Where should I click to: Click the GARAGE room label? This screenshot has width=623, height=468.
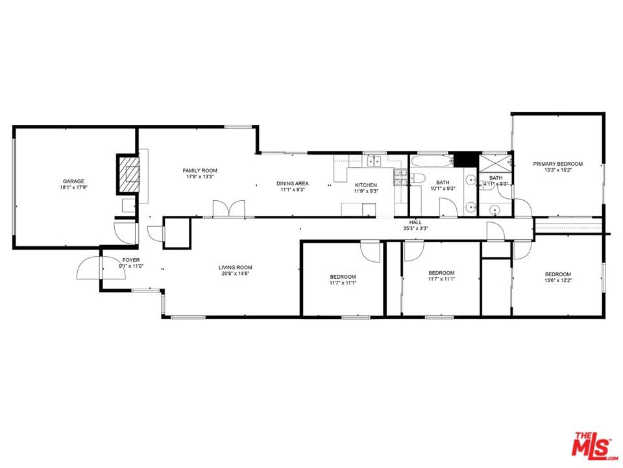[x=73, y=181]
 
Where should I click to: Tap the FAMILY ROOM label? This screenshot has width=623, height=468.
[x=200, y=171]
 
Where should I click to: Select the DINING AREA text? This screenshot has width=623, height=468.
[x=293, y=183]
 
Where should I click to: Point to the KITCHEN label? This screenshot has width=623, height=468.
[x=366, y=185]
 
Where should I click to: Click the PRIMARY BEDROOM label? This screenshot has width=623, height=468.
[x=558, y=164]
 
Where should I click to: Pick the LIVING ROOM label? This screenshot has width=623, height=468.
[x=235, y=267]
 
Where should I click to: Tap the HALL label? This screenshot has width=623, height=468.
[x=415, y=222]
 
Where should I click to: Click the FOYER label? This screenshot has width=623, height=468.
[x=130, y=260]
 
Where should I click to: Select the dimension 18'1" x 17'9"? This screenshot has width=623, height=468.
[x=73, y=187]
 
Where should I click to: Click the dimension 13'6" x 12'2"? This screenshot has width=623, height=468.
[x=558, y=280]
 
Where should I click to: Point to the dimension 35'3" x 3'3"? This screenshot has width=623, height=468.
[x=415, y=228]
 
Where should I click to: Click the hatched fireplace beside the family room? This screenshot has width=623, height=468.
[x=128, y=174]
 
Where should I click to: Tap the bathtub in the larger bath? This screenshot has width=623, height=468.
[x=432, y=162]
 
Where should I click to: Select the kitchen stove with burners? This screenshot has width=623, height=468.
[x=400, y=177]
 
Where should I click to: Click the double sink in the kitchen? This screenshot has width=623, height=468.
[x=374, y=161]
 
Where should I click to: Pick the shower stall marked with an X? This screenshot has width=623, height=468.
[x=495, y=163]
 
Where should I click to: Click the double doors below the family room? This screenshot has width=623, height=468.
[x=228, y=209]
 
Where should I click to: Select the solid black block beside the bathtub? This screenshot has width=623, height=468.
[x=465, y=160]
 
